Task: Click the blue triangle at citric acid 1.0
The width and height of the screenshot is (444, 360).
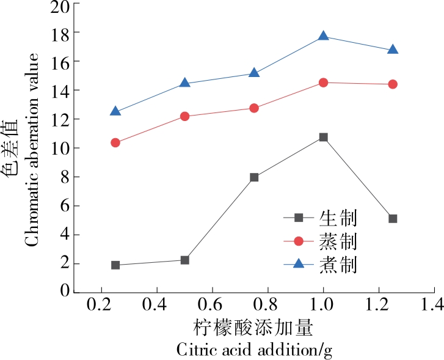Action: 323,37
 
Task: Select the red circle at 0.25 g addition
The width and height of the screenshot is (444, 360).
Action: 115,142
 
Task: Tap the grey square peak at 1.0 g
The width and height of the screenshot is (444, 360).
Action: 323,138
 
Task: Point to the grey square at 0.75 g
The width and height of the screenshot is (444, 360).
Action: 254,177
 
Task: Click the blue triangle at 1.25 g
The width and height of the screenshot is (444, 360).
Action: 393,50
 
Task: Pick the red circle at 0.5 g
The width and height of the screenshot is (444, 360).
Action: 185,116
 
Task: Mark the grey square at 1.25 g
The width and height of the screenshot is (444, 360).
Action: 393,218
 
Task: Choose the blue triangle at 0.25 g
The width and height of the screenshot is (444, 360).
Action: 115,112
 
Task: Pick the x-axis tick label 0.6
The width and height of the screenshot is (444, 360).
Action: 212,304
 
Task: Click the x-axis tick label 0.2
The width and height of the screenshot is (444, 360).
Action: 101,304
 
